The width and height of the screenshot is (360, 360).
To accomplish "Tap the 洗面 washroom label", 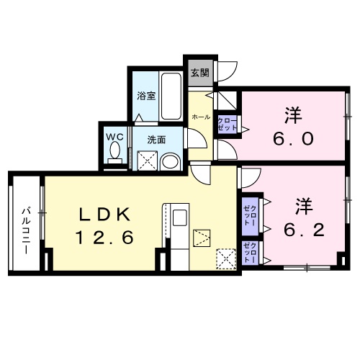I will pos(156,138).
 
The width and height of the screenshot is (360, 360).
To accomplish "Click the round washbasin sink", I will pos(171,162).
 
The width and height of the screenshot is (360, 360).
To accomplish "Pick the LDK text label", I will pos(104,214).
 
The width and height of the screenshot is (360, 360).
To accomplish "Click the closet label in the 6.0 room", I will pos(226,122).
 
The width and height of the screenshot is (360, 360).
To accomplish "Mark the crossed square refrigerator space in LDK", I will pos(226,257).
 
